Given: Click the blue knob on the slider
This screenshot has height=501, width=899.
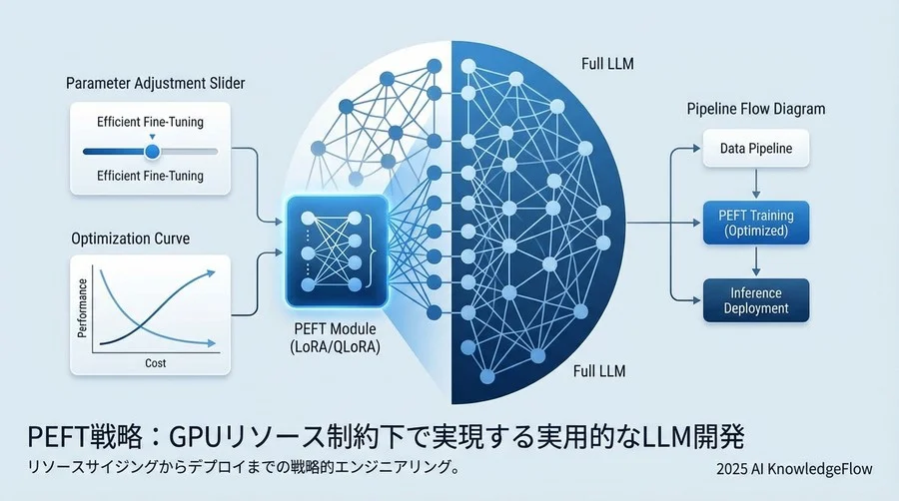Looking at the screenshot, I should [x=152, y=151].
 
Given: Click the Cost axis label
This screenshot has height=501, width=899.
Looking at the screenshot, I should [x=155, y=363].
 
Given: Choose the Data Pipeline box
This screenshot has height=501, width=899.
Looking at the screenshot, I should [x=757, y=149].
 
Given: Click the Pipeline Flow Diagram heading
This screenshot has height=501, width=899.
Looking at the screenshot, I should [x=756, y=108].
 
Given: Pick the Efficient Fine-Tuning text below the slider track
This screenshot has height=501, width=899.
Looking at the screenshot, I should [x=150, y=177].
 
